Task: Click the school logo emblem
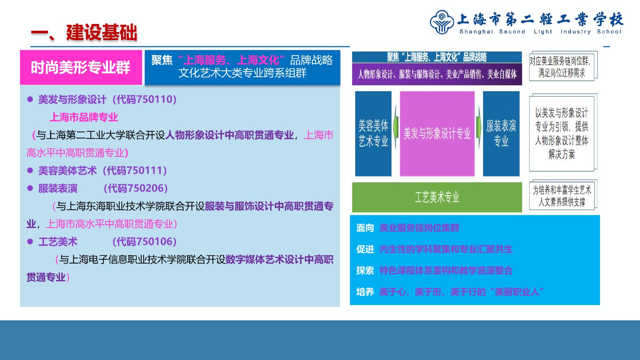tap(442, 22)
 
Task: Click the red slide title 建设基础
tap(102, 32)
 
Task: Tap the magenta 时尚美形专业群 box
tap(81, 68)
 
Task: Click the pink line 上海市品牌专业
tap(84, 117)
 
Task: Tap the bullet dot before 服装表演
tap(30, 188)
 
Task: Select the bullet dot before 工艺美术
tap(30, 242)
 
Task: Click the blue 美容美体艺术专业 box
tap(373, 134)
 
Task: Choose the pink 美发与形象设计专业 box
tap(437, 134)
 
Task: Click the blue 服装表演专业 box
tap(501, 134)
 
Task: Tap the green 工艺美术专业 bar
tap(437, 197)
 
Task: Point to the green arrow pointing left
tap(396, 128)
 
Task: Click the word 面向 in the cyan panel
tap(365, 228)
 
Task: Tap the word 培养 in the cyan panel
tap(365, 292)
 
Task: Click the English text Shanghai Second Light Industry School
tap(540, 32)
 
